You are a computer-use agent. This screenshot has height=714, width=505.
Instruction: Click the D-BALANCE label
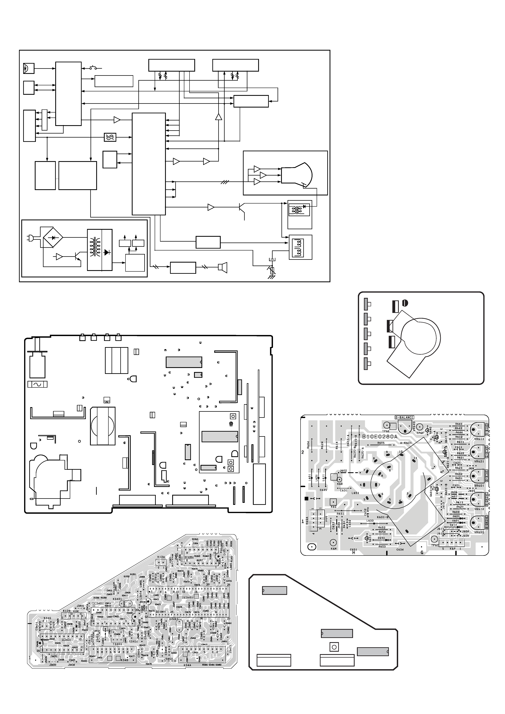pos(404,417)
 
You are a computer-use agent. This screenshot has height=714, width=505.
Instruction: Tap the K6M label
pos(333,549)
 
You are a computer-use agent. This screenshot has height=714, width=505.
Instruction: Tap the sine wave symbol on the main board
pos(38,384)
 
